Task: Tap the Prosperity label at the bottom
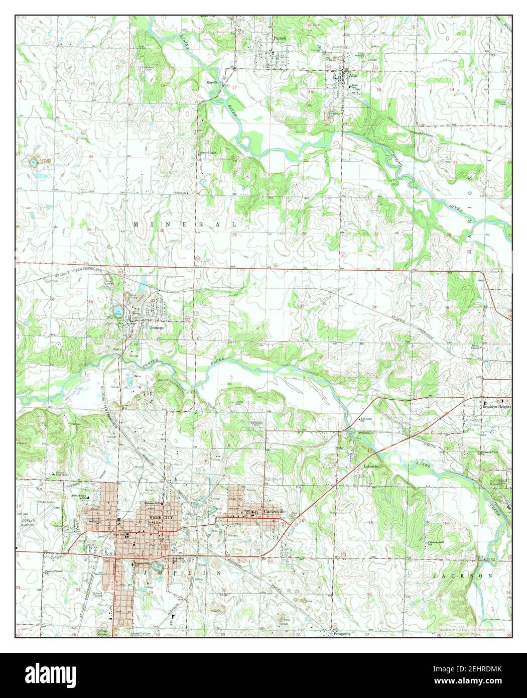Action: click(341, 634)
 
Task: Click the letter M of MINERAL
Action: click(136, 224)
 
